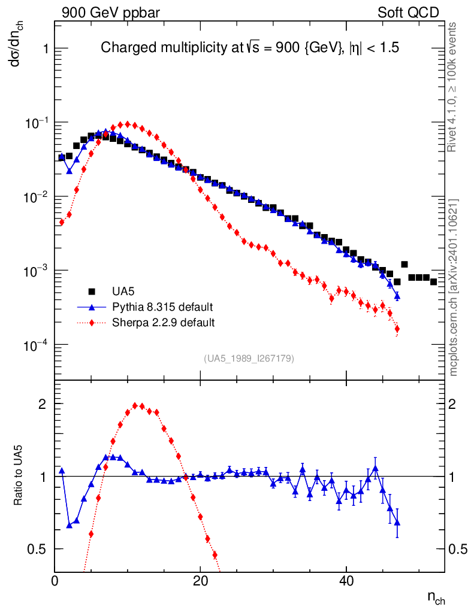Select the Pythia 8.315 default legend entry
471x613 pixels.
point(162,307)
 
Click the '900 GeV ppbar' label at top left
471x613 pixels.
point(110,13)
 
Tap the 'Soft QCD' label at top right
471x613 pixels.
point(409,13)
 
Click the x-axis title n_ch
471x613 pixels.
point(436,597)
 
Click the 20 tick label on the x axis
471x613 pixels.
point(200,581)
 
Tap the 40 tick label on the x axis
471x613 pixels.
point(346,581)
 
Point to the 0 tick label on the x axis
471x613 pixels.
point(55,581)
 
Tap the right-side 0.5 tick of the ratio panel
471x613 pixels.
point(458,549)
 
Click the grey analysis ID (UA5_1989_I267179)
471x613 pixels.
point(249,359)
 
